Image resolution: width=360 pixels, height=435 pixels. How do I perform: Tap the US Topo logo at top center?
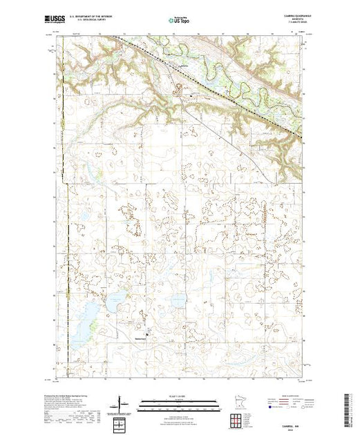click(179, 21)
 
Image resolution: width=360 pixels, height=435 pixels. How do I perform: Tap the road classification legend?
click(290, 404)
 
